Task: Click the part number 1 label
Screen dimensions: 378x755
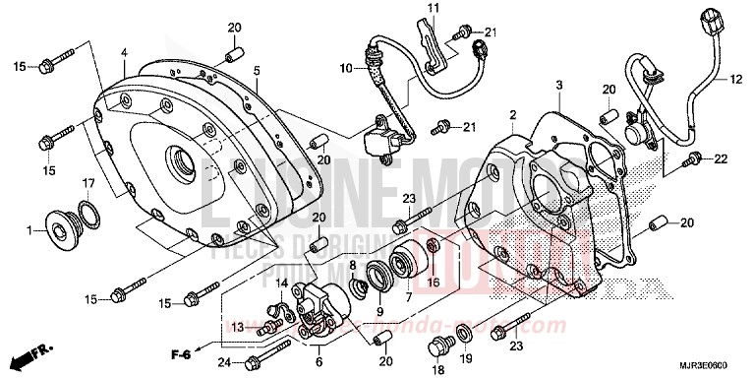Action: coord(30,232)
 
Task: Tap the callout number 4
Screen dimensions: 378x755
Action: coord(124,52)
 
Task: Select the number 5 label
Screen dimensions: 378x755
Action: coord(256,71)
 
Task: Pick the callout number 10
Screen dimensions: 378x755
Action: coord(346,68)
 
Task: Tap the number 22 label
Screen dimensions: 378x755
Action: coord(721,158)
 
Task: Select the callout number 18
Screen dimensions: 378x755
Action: coord(436,370)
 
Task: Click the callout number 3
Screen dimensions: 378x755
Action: coord(558,87)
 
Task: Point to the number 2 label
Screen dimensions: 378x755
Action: coord(512,116)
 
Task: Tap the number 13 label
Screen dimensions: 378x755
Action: coord(237,326)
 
